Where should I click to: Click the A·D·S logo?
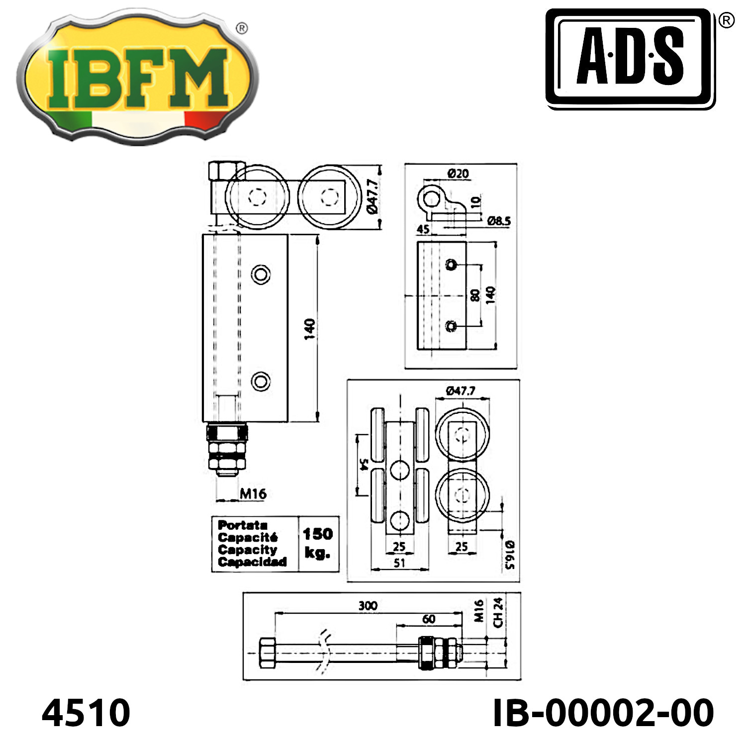tap(631, 58)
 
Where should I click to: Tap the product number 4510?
tap(86, 713)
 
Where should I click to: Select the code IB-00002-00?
tap(603, 713)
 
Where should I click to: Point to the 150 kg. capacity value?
tap(318, 543)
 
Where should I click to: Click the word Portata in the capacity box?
tap(243, 525)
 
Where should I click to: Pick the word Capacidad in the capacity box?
tap(252, 562)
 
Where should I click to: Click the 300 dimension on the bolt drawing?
tap(368, 605)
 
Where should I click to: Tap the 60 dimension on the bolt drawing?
tap(429, 619)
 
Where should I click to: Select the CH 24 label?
tap(498, 613)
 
